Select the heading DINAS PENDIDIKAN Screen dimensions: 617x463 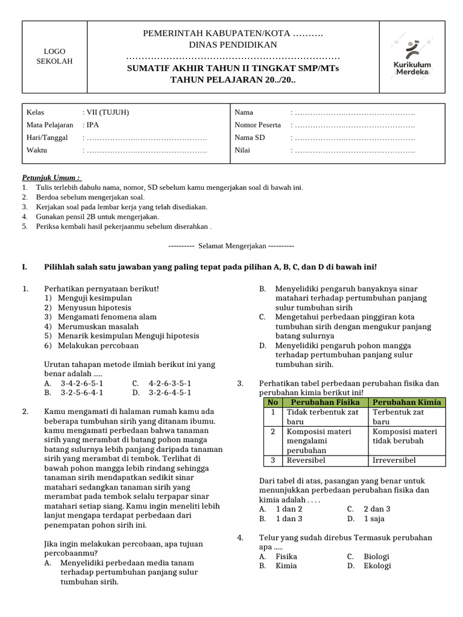(x=233, y=45)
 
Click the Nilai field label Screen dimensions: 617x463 (x=244, y=151)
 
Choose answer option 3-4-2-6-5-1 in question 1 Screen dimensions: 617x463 (x=82, y=383)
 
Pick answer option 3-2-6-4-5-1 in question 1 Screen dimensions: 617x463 (x=170, y=392)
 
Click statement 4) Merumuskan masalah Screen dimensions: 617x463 (x=93, y=326)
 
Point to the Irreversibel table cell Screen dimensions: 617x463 (x=394, y=460)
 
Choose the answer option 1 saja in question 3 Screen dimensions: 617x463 (x=374, y=518)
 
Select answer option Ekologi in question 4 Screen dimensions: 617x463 (x=377, y=566)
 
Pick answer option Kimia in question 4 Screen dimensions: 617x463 (x=286, y=566)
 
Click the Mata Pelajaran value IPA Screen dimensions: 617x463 (x=92, y=125)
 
